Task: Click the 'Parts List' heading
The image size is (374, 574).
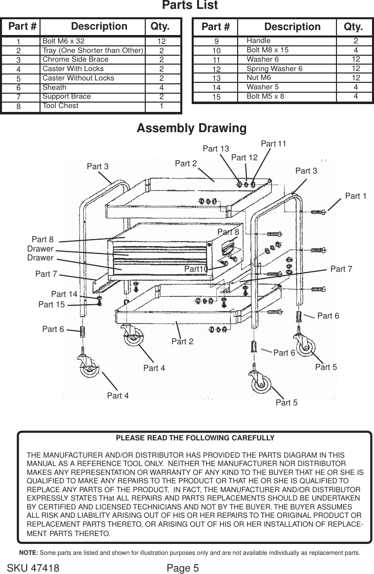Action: pyautogui.click(x=190, y=6)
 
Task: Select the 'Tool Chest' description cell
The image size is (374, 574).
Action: pyautogui.click(x=60, y=106)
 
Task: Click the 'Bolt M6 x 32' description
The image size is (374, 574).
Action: pyautogui.click(x=64, y=41)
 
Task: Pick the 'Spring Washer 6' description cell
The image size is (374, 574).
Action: pyautogui.click(x=274, y=69)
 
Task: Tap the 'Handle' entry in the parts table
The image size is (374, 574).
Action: pyautogui.click(x=258, y=40)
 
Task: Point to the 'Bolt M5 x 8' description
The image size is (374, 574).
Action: pyautogui.click(x=265, y=96)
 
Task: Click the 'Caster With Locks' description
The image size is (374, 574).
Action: pyautogui.click(x=73, y=69)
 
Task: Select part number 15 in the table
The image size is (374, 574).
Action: pyautogui.click(x=216, y=97)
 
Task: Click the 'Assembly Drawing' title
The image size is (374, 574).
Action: pyautogui.click(x=191, y=129)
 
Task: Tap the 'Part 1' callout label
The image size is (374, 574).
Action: pyautogui.click(x=356, y=196)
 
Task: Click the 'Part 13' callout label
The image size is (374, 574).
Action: pyautogui.click(x=216, y=148)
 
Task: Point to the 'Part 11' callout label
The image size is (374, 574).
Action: pyautogui.click(x=273, y=143)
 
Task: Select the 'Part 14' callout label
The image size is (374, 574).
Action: pyautogui.click(x=64, y=294)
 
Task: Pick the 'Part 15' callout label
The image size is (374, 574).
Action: pyautogui.click(x=51, y=305)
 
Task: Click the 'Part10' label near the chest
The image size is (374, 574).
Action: pyautogui.click(x=196, y=269)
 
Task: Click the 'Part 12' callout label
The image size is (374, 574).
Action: pyautogui.click(x=245, y=158)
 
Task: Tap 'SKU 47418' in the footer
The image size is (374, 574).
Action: pyautogui.click(x=33, y=568)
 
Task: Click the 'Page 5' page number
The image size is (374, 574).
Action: pyautogui.click(x=183, y=568)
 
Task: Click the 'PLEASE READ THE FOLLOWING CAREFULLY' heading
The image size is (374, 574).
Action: pyautogui.click(x=195, y=438)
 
